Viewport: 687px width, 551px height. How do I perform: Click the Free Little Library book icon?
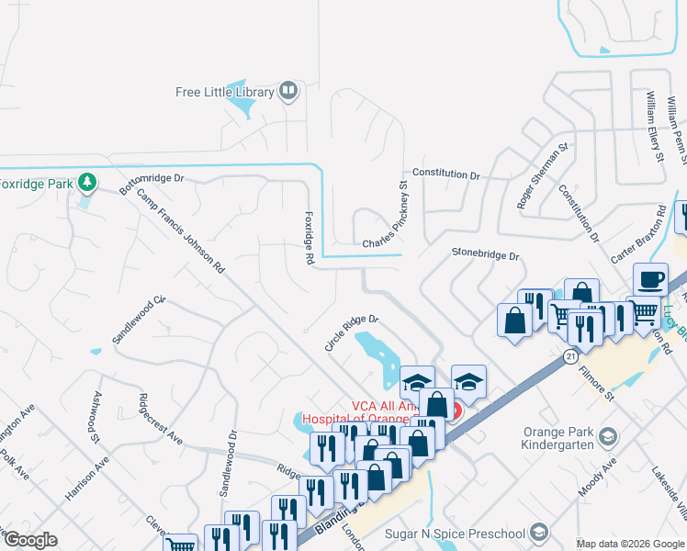[288, 91]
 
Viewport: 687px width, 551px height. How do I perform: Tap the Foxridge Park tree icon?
[87, 183]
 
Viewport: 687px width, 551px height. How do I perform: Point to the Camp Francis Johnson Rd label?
[181, 231]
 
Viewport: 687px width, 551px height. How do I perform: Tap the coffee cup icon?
[650, 279]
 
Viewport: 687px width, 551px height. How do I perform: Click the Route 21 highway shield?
[570, 355]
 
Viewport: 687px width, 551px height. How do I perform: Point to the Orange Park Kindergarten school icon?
[605, 437]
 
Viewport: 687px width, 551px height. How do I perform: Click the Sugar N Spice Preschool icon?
[539, 533]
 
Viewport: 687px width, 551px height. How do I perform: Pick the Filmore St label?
[596, 383]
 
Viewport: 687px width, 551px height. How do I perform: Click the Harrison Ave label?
[86, 478]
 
